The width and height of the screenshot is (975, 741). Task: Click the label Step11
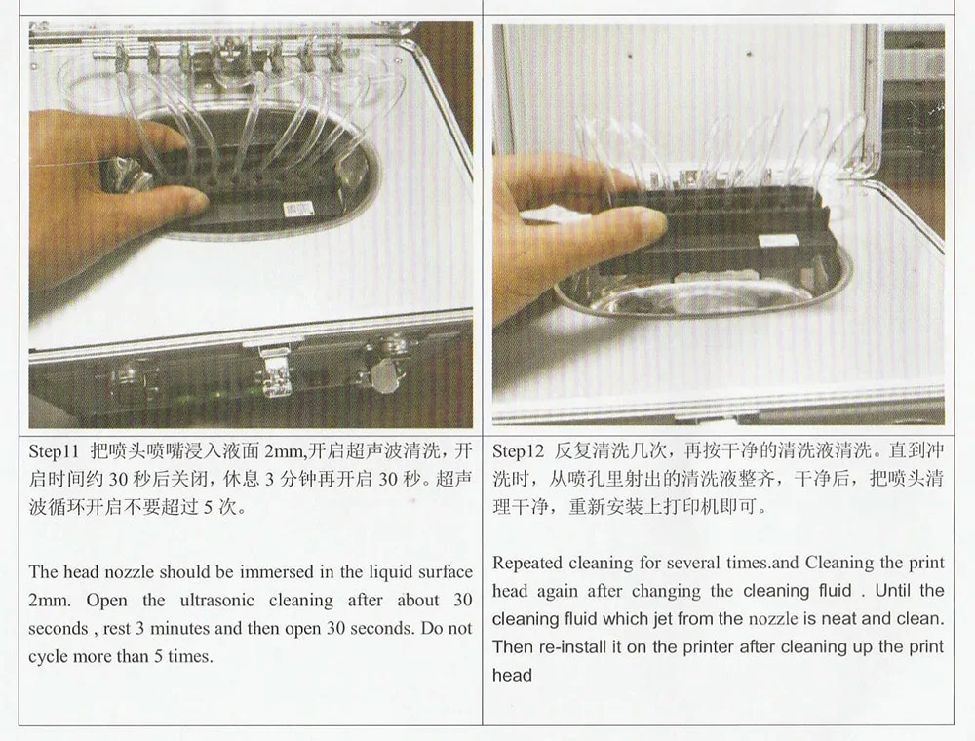[x=55, y=451]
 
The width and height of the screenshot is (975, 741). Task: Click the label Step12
[x=518, y=451]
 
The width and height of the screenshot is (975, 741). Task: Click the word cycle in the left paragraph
[x=48, y=657]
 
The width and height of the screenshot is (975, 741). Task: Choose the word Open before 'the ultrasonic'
[x=107, y=600]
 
